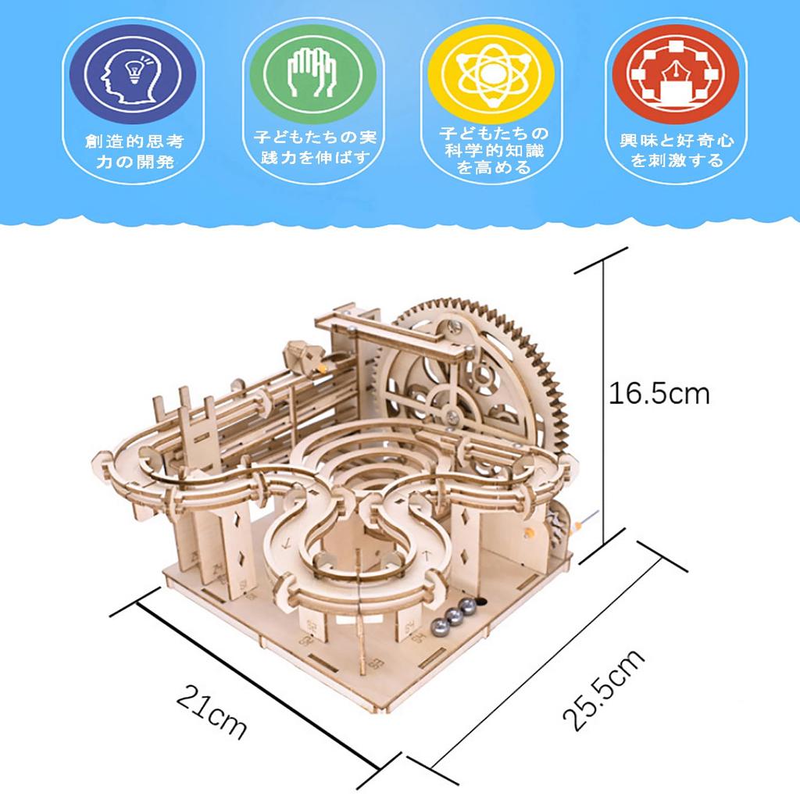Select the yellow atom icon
(490, 75)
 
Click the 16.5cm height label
(659, 392)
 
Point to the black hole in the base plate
(483, 602)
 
